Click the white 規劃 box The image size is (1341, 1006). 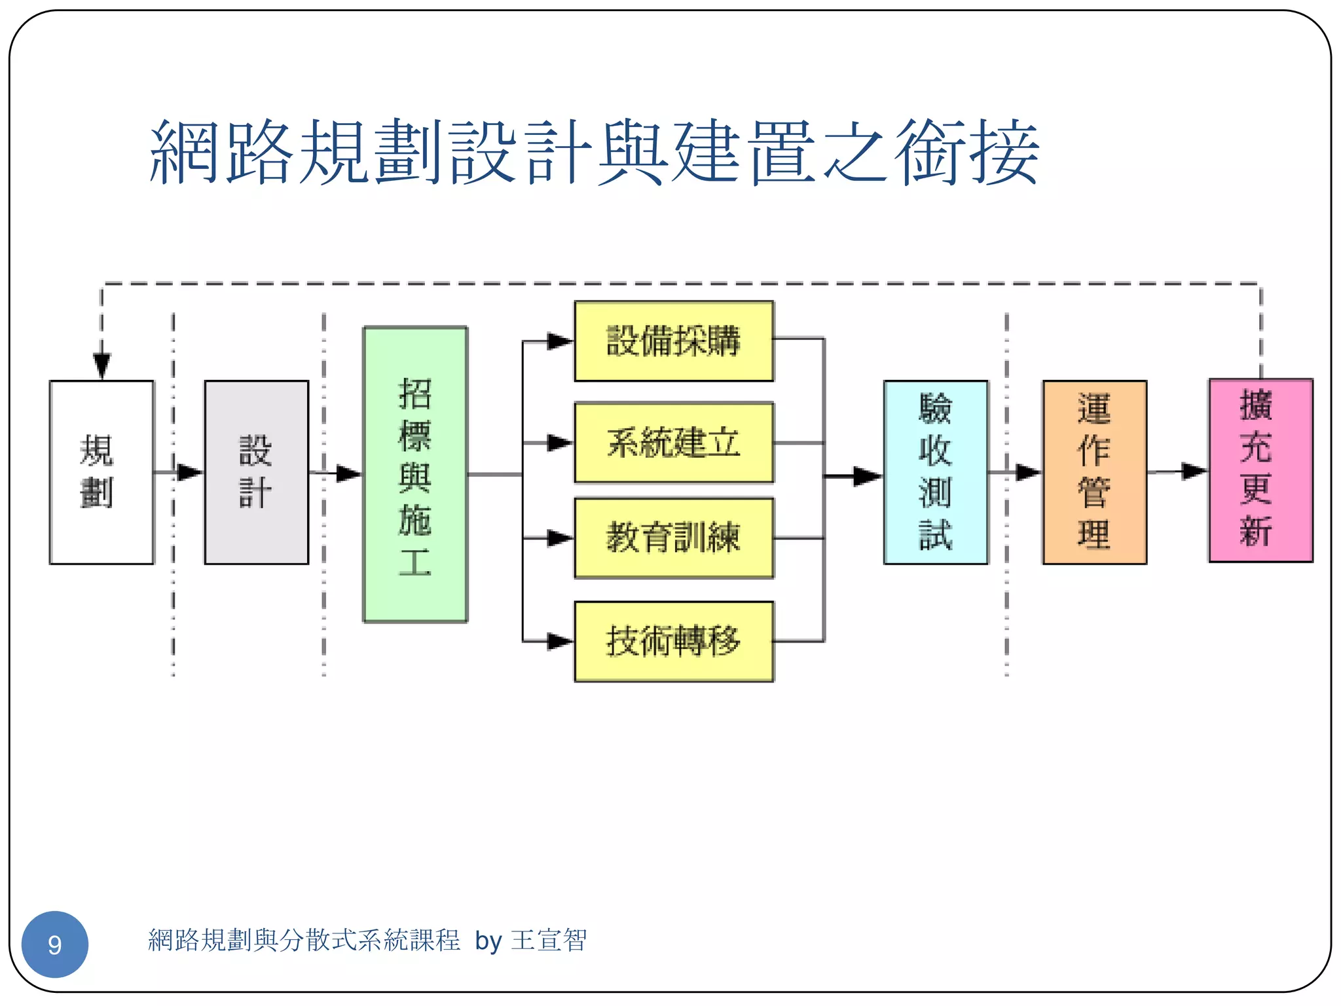pos(101,472)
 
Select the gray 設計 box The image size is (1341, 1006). pos(256,472)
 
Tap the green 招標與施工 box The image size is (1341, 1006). pos(415,474)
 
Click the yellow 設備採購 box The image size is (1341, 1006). pos(674,341)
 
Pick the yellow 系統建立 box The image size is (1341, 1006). pos(674,443)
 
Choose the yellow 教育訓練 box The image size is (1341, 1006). pos(674,538)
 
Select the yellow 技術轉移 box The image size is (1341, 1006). pos(674,641)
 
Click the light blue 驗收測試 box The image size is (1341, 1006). pos(935,472)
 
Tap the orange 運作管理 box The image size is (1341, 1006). pos(1094,472)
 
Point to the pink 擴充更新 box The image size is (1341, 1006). pos(1260,470)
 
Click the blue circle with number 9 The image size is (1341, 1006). pos(55,944)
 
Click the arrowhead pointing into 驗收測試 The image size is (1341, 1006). pos(868,476)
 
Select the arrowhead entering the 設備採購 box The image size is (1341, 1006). pos(560,341)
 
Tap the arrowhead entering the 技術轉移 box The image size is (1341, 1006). pos(560,641)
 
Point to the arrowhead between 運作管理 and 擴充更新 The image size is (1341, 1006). pos(1194,471)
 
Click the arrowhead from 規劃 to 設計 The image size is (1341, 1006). pos(189,472)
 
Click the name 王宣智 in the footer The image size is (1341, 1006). pos(549,941)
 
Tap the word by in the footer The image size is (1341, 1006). pos(488,941)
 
